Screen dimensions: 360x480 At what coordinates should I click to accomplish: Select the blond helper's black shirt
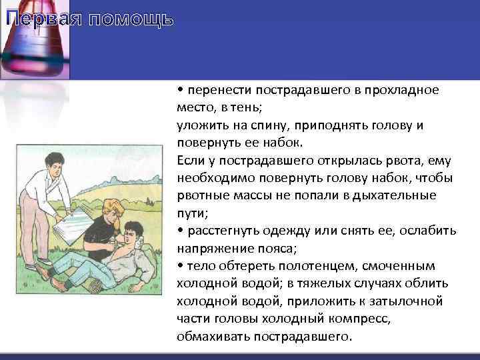click(x=100, y=233)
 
